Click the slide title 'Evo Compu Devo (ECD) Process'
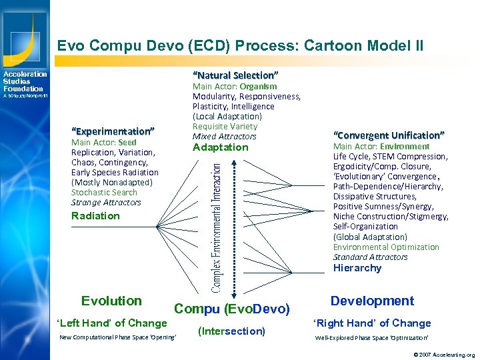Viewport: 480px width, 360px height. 240,45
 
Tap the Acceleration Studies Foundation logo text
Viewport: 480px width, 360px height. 25,81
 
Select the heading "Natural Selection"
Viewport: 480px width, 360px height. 235,75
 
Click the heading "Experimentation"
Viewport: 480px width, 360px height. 113,131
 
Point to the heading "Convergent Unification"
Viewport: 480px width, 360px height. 389,135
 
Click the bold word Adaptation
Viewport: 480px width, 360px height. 220,147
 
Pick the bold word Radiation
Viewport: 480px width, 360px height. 95,216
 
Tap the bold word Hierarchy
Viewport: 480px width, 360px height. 357,268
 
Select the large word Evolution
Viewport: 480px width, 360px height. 111,301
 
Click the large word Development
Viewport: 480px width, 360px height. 372,301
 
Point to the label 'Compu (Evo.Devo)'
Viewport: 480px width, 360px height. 232,309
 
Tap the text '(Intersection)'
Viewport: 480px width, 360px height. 232,331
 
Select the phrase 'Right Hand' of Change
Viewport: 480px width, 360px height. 372,323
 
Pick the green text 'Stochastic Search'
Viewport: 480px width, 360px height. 104,192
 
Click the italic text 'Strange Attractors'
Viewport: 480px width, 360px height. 106,202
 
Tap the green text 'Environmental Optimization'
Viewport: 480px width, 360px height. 386,247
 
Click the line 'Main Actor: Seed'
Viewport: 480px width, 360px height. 103,142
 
